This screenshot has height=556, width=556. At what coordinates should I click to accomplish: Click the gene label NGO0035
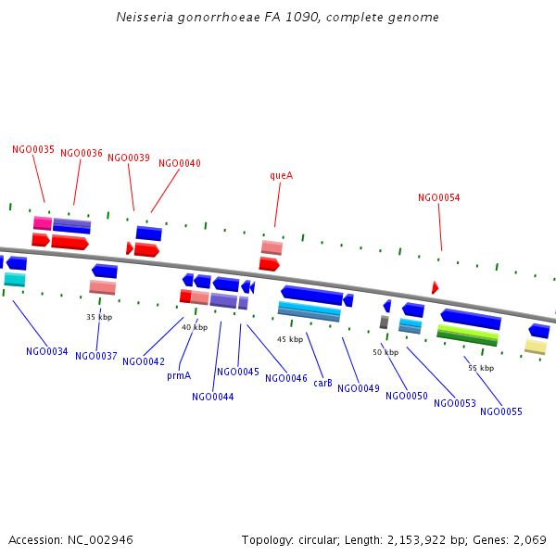(33, 149)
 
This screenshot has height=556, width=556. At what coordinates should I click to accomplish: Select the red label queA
(281, 175)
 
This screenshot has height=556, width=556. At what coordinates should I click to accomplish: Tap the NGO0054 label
(438, 197)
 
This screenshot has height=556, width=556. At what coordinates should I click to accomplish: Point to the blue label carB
(322, 383)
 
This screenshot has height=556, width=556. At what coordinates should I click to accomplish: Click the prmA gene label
(179, 375)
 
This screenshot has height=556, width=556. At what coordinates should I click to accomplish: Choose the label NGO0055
(501, 411)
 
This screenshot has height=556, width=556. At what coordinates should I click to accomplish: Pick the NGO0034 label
(47, 351)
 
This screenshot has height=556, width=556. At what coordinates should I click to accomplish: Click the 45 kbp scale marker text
(290, 339)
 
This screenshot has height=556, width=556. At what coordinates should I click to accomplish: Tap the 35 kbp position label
(99, 317)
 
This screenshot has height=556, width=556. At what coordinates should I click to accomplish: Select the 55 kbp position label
(481, 368)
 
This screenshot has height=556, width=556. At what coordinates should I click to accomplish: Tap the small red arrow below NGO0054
(435, 288)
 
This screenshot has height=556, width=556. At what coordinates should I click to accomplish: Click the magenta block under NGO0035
(42, 223)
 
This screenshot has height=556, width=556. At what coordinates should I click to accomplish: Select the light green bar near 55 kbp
(468, 331)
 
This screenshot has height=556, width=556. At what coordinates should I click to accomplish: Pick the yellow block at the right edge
(536, 347)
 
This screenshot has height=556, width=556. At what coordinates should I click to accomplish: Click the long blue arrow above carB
(312, 296)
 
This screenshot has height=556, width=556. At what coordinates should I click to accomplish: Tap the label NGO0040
(180, 163)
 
